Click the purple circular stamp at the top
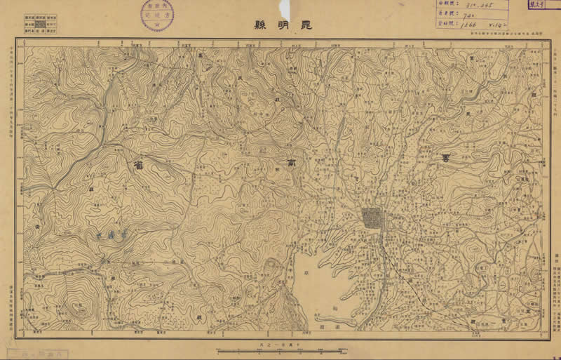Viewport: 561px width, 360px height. [156, 15]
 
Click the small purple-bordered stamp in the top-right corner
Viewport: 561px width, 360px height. [541, 5]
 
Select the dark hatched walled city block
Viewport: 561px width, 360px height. [372, 218]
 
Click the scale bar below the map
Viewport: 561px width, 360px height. [280, 348]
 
